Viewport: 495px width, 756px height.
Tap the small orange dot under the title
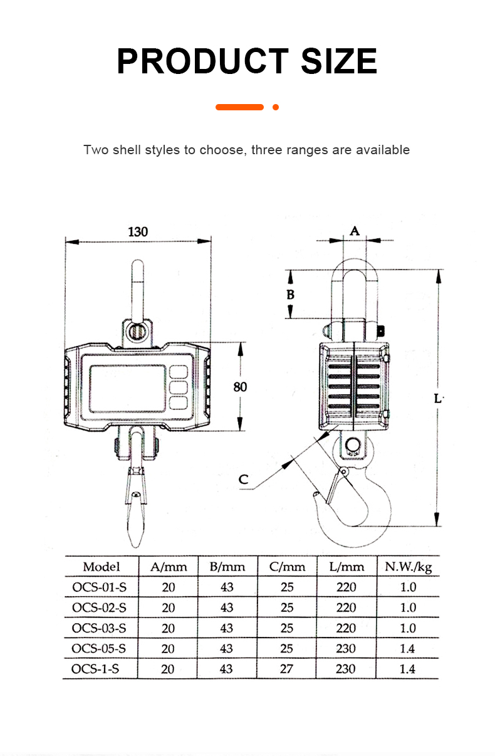click(x=276, y=107)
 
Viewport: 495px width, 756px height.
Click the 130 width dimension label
click(x=138, y=231)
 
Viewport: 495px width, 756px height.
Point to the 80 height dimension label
click(x=240, y=387)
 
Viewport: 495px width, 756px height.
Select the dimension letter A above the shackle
click(x=354, y=231)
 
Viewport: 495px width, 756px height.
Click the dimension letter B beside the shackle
click(x=290, y=294)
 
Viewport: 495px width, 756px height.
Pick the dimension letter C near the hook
click(x=244, y=480)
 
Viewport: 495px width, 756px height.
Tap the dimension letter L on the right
click(x=438, y=397)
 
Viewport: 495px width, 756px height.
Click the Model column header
click(x=101, y=567)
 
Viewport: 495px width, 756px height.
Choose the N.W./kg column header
click(x=408, y=567)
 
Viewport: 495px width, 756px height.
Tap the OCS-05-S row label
click(x=99, y=648)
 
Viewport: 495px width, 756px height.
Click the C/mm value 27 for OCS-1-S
click(x=286, y=669)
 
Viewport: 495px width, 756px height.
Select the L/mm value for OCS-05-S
click(x=346, y=648)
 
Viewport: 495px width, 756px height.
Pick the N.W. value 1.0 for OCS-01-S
click(x=408, y=587)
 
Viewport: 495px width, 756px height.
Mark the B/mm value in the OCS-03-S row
click(x=227, y=628)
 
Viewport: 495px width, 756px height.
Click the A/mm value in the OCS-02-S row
click(x=168, y=607)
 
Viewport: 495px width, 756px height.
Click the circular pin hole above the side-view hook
click(x=351, y=446)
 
